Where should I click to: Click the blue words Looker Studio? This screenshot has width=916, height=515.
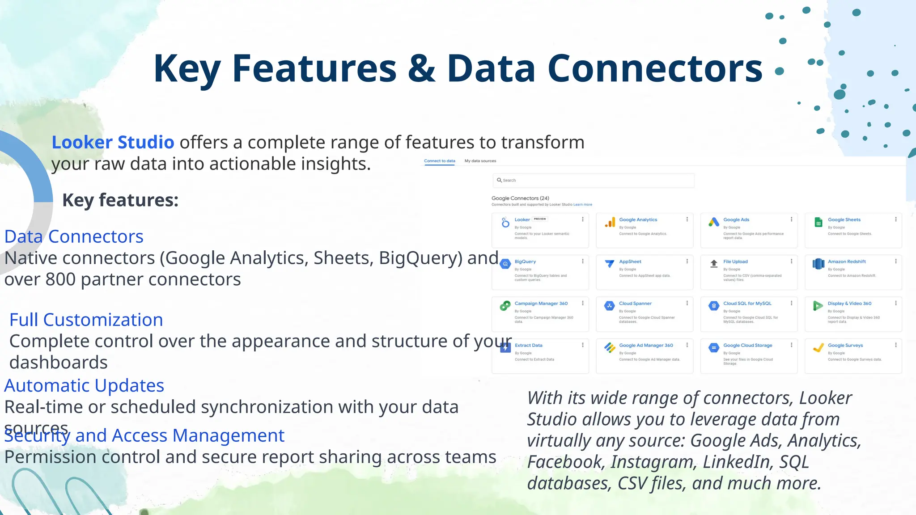(113, 143)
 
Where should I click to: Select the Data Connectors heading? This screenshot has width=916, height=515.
(74, 236)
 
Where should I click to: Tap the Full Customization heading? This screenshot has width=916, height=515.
(86, 320)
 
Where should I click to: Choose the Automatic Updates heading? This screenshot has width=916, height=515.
(84, 386)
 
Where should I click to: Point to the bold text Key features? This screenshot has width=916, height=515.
(120, 200)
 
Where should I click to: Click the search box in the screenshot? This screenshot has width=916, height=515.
(593, 180)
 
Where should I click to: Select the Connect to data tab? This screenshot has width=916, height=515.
(439, 161)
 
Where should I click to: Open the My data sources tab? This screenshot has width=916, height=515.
(480, 161)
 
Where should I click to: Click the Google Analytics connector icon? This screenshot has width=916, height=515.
(610, 223)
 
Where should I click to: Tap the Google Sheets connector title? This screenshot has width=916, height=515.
(844, 220)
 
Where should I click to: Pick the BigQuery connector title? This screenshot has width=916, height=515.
(525, 262)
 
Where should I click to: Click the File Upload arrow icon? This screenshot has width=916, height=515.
(714, 264)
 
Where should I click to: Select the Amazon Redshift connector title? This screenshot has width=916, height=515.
(846, 262)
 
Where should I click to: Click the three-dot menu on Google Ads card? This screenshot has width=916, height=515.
(791, 220)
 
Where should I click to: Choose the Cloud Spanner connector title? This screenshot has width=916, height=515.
(635, 304)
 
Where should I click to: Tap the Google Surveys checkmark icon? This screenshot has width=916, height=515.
(818, 348)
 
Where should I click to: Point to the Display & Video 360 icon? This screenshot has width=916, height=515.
(818, 306)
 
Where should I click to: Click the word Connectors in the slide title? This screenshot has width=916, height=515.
(655, 68)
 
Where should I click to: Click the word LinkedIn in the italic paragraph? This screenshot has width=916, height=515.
(738, 462)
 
